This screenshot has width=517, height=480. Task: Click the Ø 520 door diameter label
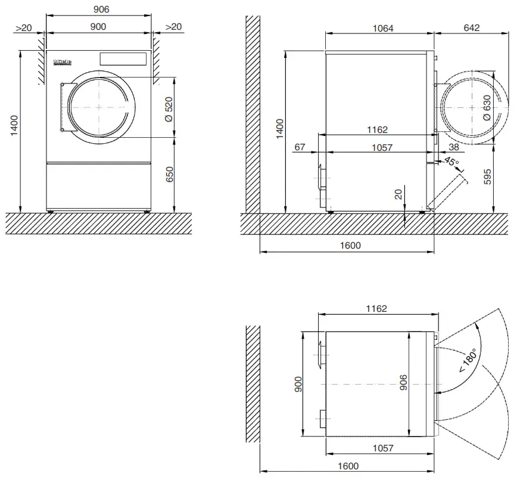pos(169,109)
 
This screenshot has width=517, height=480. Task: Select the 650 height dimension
pos(169,175)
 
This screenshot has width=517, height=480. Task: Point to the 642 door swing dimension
pos(471,28)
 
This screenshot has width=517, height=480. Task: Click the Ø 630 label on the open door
pos(487,109)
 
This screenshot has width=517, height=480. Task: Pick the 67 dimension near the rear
pos(300,147)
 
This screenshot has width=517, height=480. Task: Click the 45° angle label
pos(451,163)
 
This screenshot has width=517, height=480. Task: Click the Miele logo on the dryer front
pos(63,61)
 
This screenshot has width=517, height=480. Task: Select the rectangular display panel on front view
pos(123,59)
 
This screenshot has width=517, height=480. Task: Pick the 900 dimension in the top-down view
pos(298,385)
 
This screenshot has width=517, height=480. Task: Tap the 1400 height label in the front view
pos(15,126)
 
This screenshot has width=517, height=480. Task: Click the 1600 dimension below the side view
pos(350,245)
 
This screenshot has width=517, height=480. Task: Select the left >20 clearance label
pos(24,27)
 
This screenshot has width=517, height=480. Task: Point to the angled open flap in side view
pos(447,189)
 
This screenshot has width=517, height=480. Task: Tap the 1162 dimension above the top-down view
pos(376,308)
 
